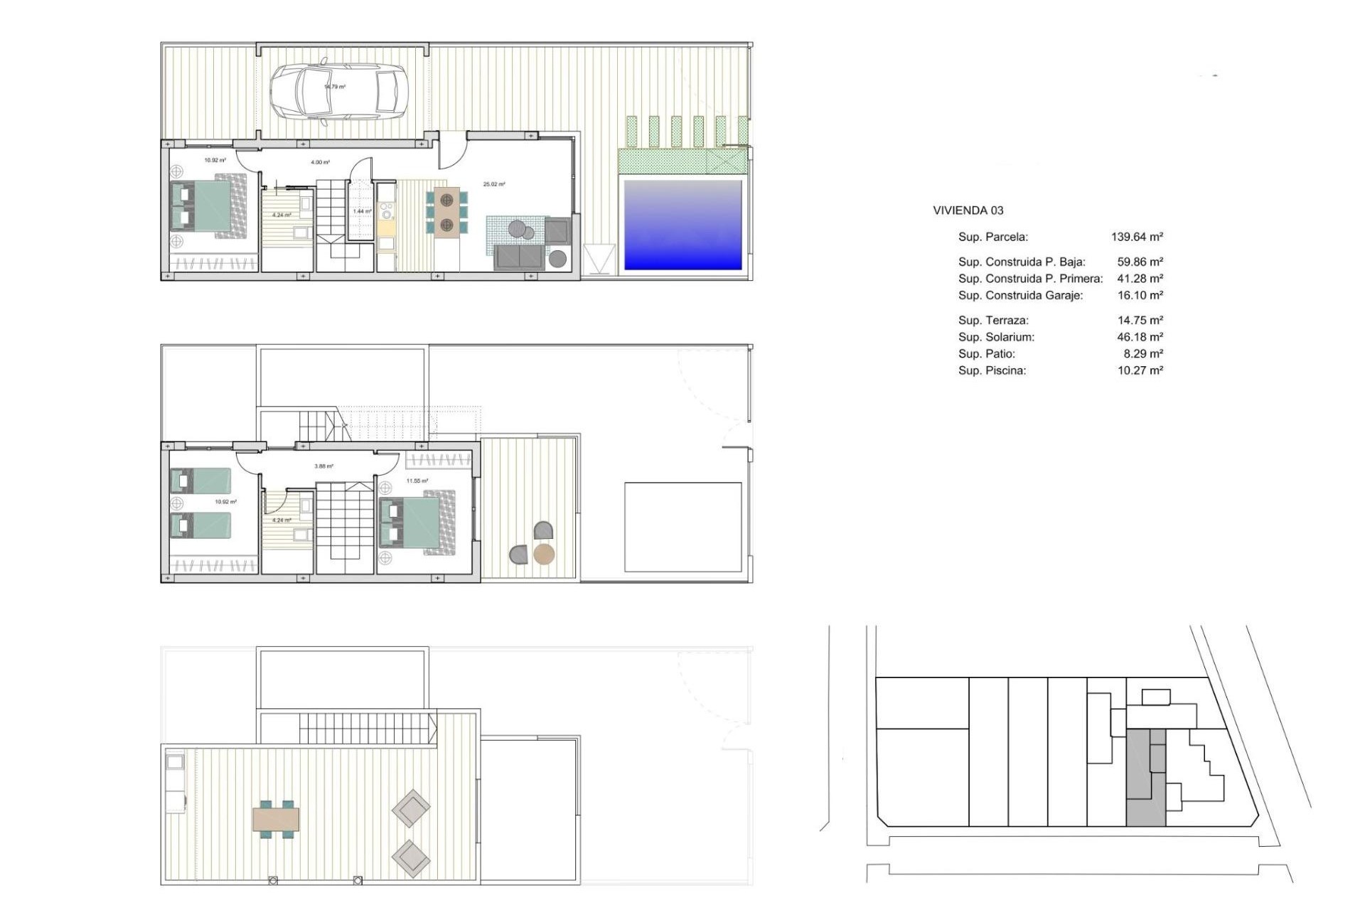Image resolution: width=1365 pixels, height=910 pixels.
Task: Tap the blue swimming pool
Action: (682, 225)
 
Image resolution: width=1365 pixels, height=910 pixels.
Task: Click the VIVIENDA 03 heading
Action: (968, 210)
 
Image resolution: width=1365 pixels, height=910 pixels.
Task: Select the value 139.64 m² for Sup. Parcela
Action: (1137, 237)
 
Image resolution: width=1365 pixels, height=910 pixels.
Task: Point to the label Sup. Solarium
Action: (996, 337)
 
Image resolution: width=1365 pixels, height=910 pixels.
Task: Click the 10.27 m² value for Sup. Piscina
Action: (1140, 370)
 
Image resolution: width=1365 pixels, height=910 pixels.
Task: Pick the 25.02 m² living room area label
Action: (494, 184)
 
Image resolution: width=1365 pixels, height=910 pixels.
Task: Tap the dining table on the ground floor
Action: (446, 211)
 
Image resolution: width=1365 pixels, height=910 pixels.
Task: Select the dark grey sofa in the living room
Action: (520, 257)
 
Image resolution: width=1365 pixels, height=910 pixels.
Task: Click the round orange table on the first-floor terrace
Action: (544, 554)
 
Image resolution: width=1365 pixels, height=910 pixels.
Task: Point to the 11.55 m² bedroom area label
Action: (417, 481)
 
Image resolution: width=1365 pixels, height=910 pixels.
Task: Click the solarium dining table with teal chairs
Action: (276, 820)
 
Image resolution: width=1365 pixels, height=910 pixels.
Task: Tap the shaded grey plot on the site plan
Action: (1145, 778)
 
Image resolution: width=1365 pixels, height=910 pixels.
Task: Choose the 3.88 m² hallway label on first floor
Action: (323, 466)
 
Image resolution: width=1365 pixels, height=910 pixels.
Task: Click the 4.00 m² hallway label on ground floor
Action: (320, 163)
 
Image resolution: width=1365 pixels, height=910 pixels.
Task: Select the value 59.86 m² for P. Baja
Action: (1140, 262)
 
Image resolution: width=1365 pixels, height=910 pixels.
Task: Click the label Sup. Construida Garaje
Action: (1020, 295)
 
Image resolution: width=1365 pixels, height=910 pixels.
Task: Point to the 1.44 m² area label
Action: (362, 211)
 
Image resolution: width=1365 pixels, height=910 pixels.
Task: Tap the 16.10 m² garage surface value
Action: (1140, 295)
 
